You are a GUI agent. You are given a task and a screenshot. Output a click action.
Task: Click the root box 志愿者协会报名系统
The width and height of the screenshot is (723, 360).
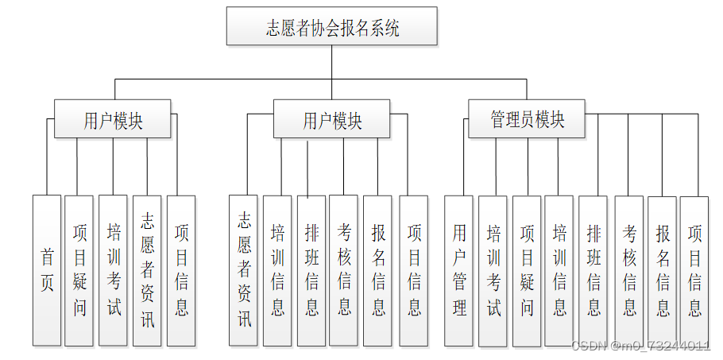(x=331, y=25)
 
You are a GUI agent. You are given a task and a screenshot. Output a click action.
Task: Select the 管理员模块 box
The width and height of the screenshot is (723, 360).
(x=527, y=118)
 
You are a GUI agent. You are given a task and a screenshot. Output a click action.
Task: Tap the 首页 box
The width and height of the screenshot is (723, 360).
(x=47, y=270)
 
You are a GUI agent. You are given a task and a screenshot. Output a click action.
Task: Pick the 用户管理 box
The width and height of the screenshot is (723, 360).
(x=458, y=270)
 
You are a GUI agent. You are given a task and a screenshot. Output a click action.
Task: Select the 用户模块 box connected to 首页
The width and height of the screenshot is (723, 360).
(x=113, y=118)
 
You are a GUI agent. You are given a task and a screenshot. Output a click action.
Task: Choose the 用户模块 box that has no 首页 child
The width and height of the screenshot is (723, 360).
(x=331, y=118)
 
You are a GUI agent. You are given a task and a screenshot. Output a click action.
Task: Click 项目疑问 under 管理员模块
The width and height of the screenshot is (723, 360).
(x=527, y=271)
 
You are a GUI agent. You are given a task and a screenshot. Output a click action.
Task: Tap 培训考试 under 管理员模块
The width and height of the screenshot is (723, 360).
(x=493, y=271)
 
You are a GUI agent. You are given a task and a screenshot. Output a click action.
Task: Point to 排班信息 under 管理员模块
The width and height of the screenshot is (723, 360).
(x=593, y=271)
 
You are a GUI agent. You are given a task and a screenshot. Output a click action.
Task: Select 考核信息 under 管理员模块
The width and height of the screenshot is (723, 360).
(x=629, y=271)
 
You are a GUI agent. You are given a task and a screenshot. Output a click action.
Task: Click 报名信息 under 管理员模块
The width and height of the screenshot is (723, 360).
(x=662, y=271)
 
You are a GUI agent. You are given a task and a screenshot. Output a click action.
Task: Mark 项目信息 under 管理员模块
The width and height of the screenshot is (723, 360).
(x=694, y=271)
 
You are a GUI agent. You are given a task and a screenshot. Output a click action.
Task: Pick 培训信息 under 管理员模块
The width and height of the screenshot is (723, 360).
(x=559, y=271)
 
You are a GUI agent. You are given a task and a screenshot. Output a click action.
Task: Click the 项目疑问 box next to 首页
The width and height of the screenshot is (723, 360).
(x=79, y=270)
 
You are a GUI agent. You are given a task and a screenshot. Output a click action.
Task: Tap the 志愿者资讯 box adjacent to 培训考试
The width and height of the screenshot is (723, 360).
(x=147, y=270)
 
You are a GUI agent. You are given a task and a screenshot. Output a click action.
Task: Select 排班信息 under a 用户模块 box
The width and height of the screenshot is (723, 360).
(x=311, y=270)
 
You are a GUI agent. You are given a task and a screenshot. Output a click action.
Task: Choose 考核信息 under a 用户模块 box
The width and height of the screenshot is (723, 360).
(x=343, y=270)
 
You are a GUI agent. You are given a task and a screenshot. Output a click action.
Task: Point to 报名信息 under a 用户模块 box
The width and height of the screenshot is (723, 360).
(x=377, y=270)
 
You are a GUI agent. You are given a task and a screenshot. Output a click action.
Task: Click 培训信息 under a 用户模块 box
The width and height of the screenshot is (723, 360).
(x=277, y=270)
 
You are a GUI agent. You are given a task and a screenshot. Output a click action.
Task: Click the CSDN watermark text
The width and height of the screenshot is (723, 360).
(x=641, y=346)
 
